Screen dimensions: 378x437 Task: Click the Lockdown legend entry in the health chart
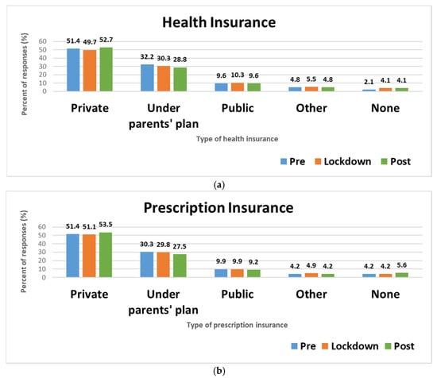coord(341,160)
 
